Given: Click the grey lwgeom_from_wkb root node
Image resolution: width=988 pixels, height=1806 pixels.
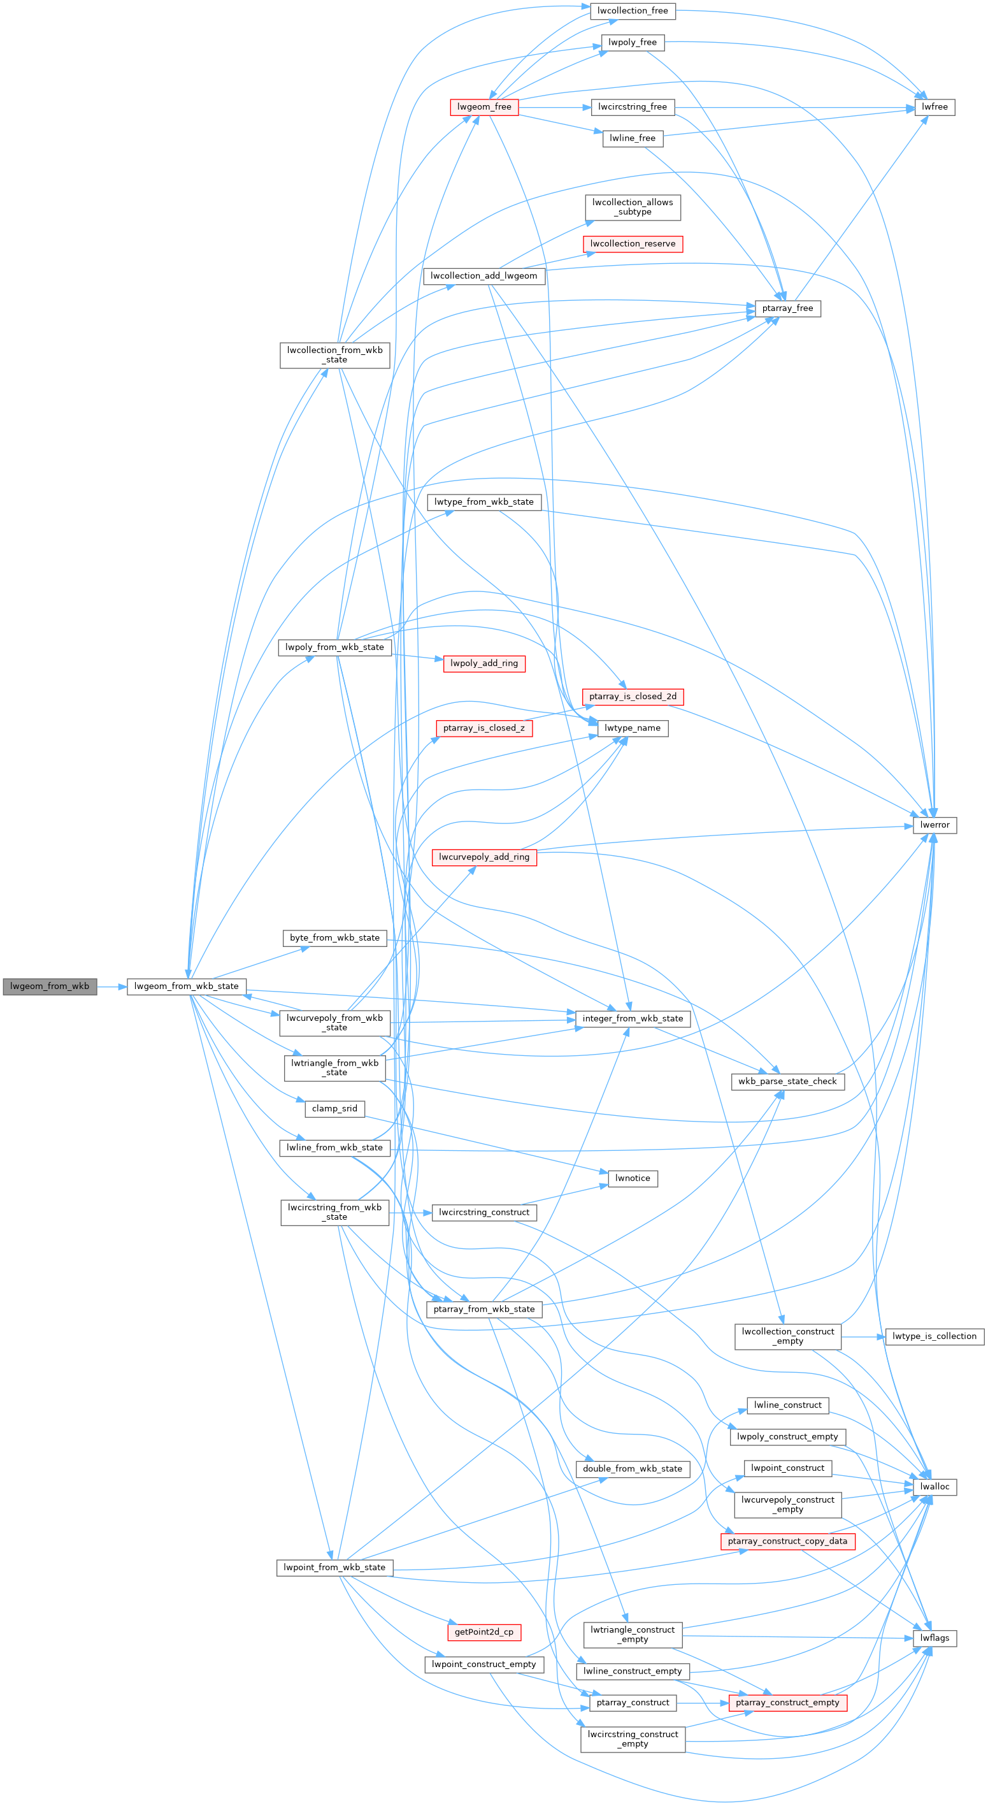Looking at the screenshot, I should point(50,986).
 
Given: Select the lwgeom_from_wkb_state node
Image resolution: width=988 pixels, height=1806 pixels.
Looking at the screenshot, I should point(187,986).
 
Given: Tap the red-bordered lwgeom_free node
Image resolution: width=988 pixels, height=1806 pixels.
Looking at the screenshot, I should point(484,107).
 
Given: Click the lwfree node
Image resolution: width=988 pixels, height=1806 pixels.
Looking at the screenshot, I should point(934,107).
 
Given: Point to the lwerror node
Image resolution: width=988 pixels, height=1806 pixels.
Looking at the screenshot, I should point(934,825).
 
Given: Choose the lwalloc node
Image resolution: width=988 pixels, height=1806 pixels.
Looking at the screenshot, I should point(934,1487).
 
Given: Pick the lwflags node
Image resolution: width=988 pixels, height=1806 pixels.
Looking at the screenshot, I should point(934,1638).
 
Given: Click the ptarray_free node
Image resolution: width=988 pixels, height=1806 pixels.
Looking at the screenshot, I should point(787,308).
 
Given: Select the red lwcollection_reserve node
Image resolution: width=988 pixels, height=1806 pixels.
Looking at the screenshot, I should point(633,244).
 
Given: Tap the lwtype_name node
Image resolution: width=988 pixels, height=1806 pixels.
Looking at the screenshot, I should point(633,728).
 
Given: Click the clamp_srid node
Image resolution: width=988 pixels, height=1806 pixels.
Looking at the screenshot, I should point(335,1109).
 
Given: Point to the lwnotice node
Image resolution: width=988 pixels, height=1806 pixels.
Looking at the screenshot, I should point(633,1178).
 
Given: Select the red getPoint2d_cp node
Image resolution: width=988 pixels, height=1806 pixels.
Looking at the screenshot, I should point(484,1632).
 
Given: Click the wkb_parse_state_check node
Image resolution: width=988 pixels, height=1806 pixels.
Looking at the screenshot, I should point(787,1082).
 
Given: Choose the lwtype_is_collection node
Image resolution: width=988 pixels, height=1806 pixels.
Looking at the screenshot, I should point(934,1336).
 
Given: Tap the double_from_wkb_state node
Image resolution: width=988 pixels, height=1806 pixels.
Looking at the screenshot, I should point(633,1469).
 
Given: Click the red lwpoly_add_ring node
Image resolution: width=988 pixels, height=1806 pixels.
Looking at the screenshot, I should point(484,663).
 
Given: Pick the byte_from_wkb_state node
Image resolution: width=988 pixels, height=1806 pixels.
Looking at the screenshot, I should point(335,938).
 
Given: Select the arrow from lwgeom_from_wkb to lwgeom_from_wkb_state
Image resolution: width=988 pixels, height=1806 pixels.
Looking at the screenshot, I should point(111,986).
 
